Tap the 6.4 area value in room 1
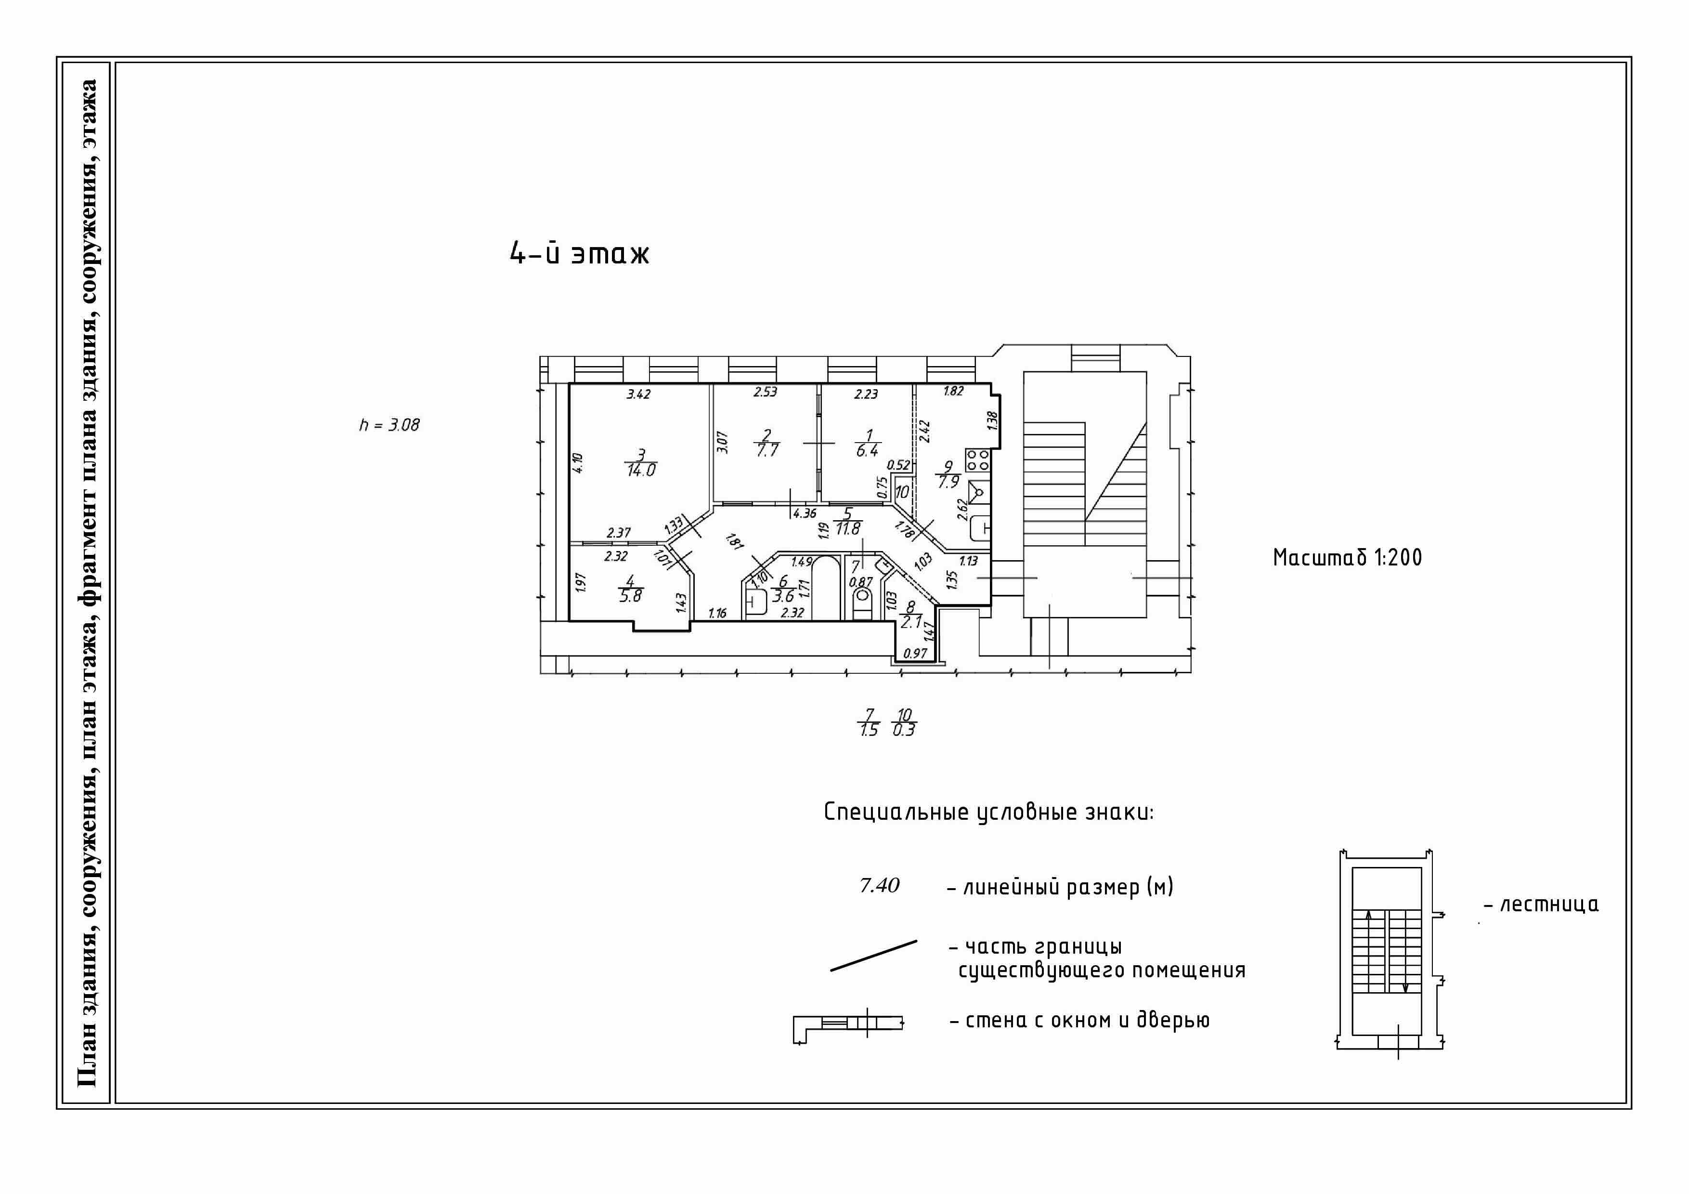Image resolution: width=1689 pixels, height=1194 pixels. point(867,450)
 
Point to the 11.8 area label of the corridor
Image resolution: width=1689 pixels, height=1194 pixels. point(848,528)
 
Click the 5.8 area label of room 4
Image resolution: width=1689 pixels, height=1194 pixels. point(630,596)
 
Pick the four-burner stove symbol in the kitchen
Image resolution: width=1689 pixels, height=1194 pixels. point(978,460)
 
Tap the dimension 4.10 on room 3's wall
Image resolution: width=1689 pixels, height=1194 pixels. point(578,463)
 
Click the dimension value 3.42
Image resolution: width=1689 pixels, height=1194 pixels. point(638,394)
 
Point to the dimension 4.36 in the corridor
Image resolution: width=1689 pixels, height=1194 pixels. point(805,513)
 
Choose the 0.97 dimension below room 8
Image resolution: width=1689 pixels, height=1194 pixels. point(915,653)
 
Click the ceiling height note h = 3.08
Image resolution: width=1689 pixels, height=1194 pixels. point(389,425)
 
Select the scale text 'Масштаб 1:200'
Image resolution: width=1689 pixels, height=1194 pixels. point(1348,558)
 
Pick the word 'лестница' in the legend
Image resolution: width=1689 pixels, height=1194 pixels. point(1549,904)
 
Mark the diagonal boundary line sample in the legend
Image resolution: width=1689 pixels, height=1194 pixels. point(874,956)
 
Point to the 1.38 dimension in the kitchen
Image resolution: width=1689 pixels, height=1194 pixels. point(992,421)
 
